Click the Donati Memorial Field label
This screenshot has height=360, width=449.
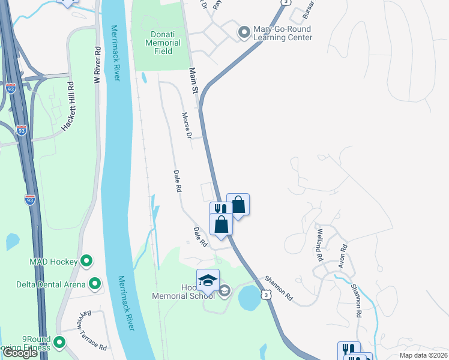163,43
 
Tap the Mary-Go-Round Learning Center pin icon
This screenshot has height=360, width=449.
244,32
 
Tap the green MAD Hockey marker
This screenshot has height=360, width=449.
86,261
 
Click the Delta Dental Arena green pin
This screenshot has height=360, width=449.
95,283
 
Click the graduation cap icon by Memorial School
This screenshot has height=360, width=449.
208,280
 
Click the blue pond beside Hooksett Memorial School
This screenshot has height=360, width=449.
249,298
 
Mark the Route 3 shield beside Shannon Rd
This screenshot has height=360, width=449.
265,295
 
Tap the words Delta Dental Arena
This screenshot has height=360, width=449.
51,284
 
